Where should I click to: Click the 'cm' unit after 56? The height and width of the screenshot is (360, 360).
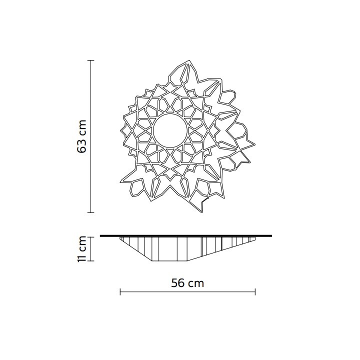[195, 282]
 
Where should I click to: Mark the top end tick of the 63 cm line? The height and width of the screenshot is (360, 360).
[90, 60]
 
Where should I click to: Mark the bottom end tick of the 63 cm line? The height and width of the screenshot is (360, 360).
[90, 212]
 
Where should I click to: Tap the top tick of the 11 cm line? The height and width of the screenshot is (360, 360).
[90, 237]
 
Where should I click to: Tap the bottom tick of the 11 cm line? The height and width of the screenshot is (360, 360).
[90, 260]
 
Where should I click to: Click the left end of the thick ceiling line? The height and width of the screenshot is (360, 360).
[101, 235]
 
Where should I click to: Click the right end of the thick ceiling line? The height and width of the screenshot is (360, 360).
[271, 235]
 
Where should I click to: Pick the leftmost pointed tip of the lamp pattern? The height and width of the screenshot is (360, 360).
[120, 131]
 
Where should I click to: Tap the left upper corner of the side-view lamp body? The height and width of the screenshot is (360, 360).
[120, 238]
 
